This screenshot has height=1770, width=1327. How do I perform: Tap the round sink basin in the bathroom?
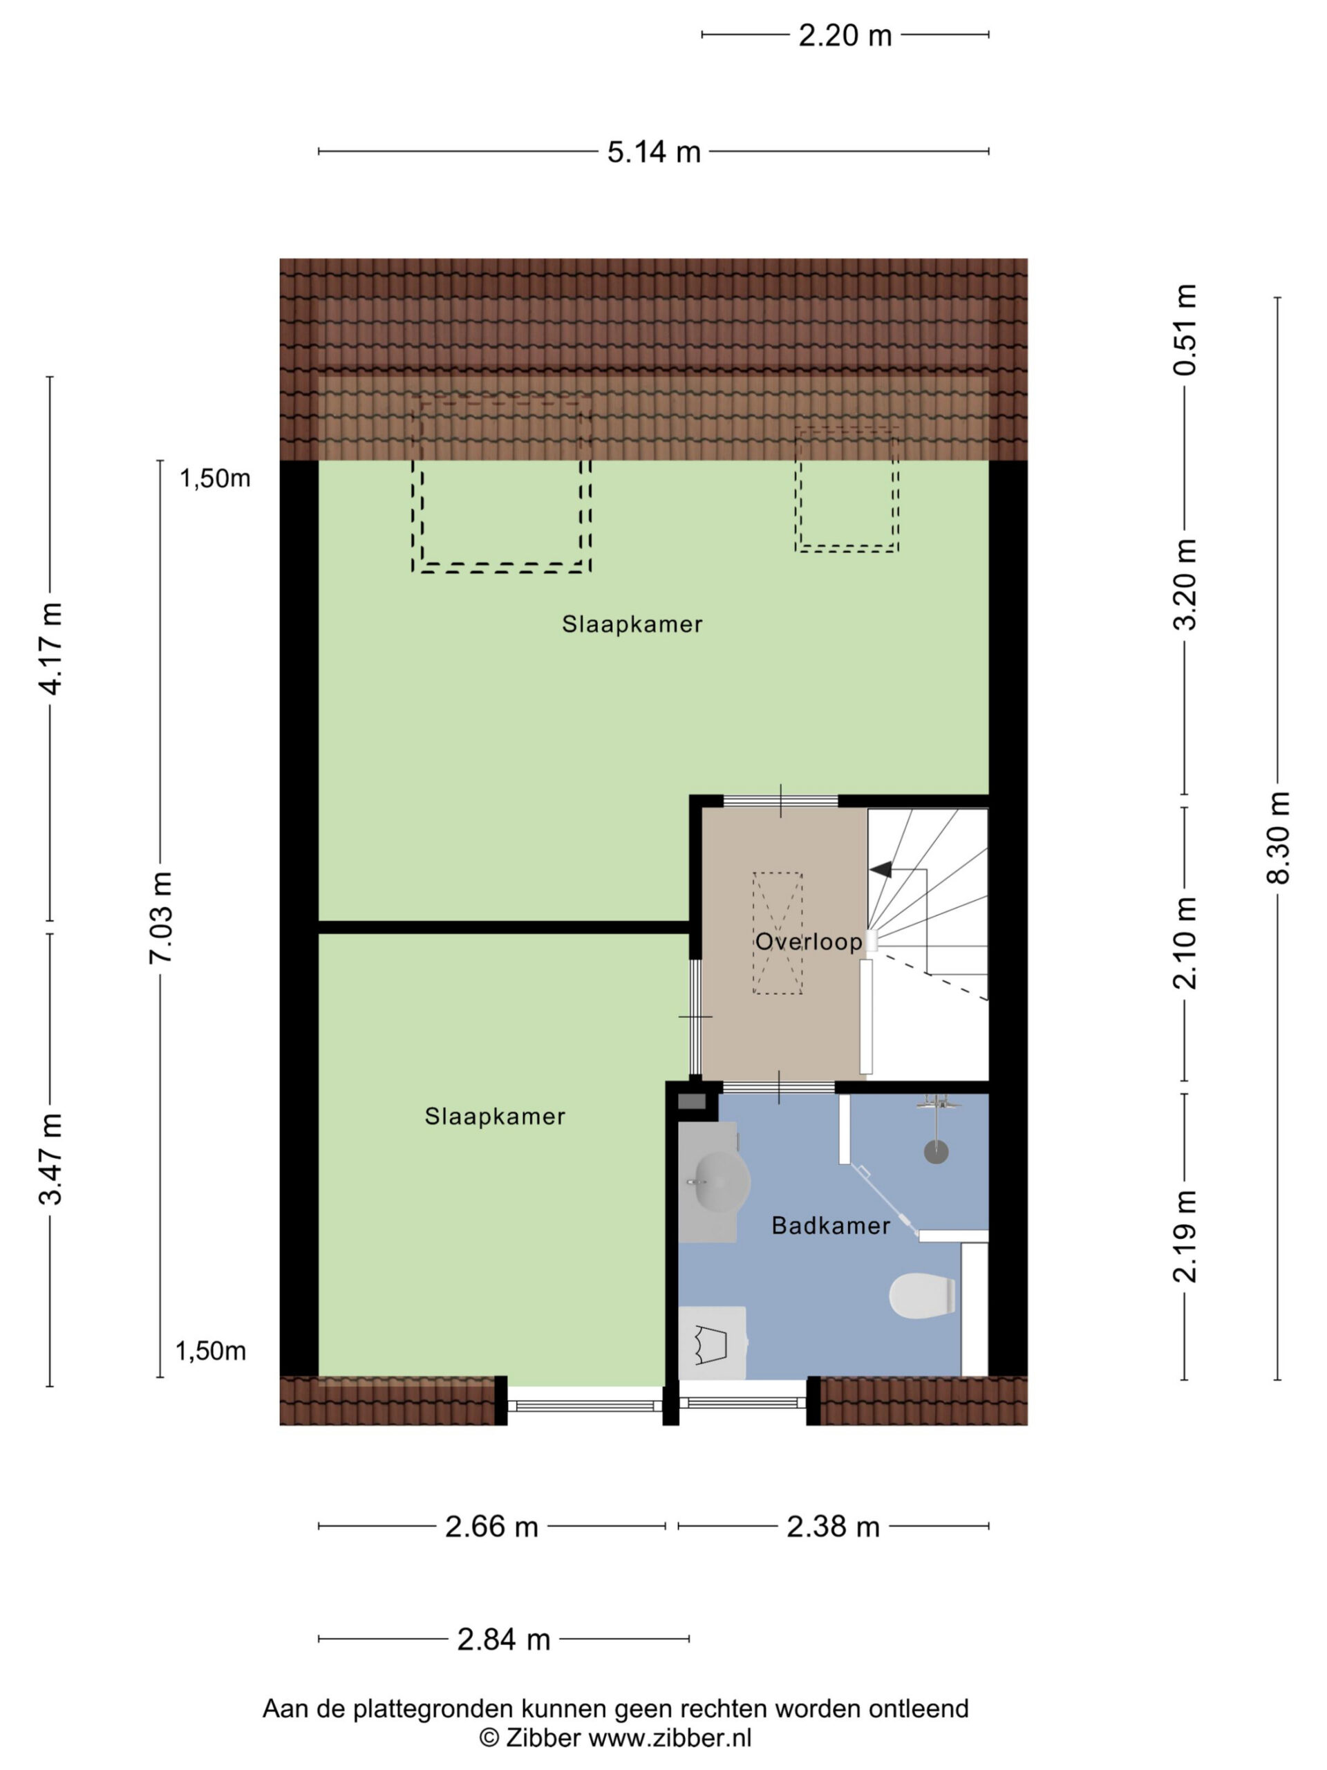pos(721,1181)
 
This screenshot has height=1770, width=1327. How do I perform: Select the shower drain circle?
pos(936,1153)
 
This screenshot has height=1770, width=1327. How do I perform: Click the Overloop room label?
pos(809,942)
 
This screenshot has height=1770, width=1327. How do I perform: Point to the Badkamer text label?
pos(830,1226)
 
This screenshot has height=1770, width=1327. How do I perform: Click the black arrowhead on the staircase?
pos(880,869)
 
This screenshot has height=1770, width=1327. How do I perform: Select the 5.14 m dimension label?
pos(654,152)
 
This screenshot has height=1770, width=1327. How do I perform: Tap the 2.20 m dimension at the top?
pos(845,36)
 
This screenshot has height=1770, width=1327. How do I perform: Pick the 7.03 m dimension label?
pos(161,917)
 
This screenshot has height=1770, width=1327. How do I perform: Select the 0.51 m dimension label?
pos(1185,330)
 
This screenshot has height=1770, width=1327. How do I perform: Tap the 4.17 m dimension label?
pos(51,648)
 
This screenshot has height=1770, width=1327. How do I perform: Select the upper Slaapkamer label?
pos(632,624)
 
